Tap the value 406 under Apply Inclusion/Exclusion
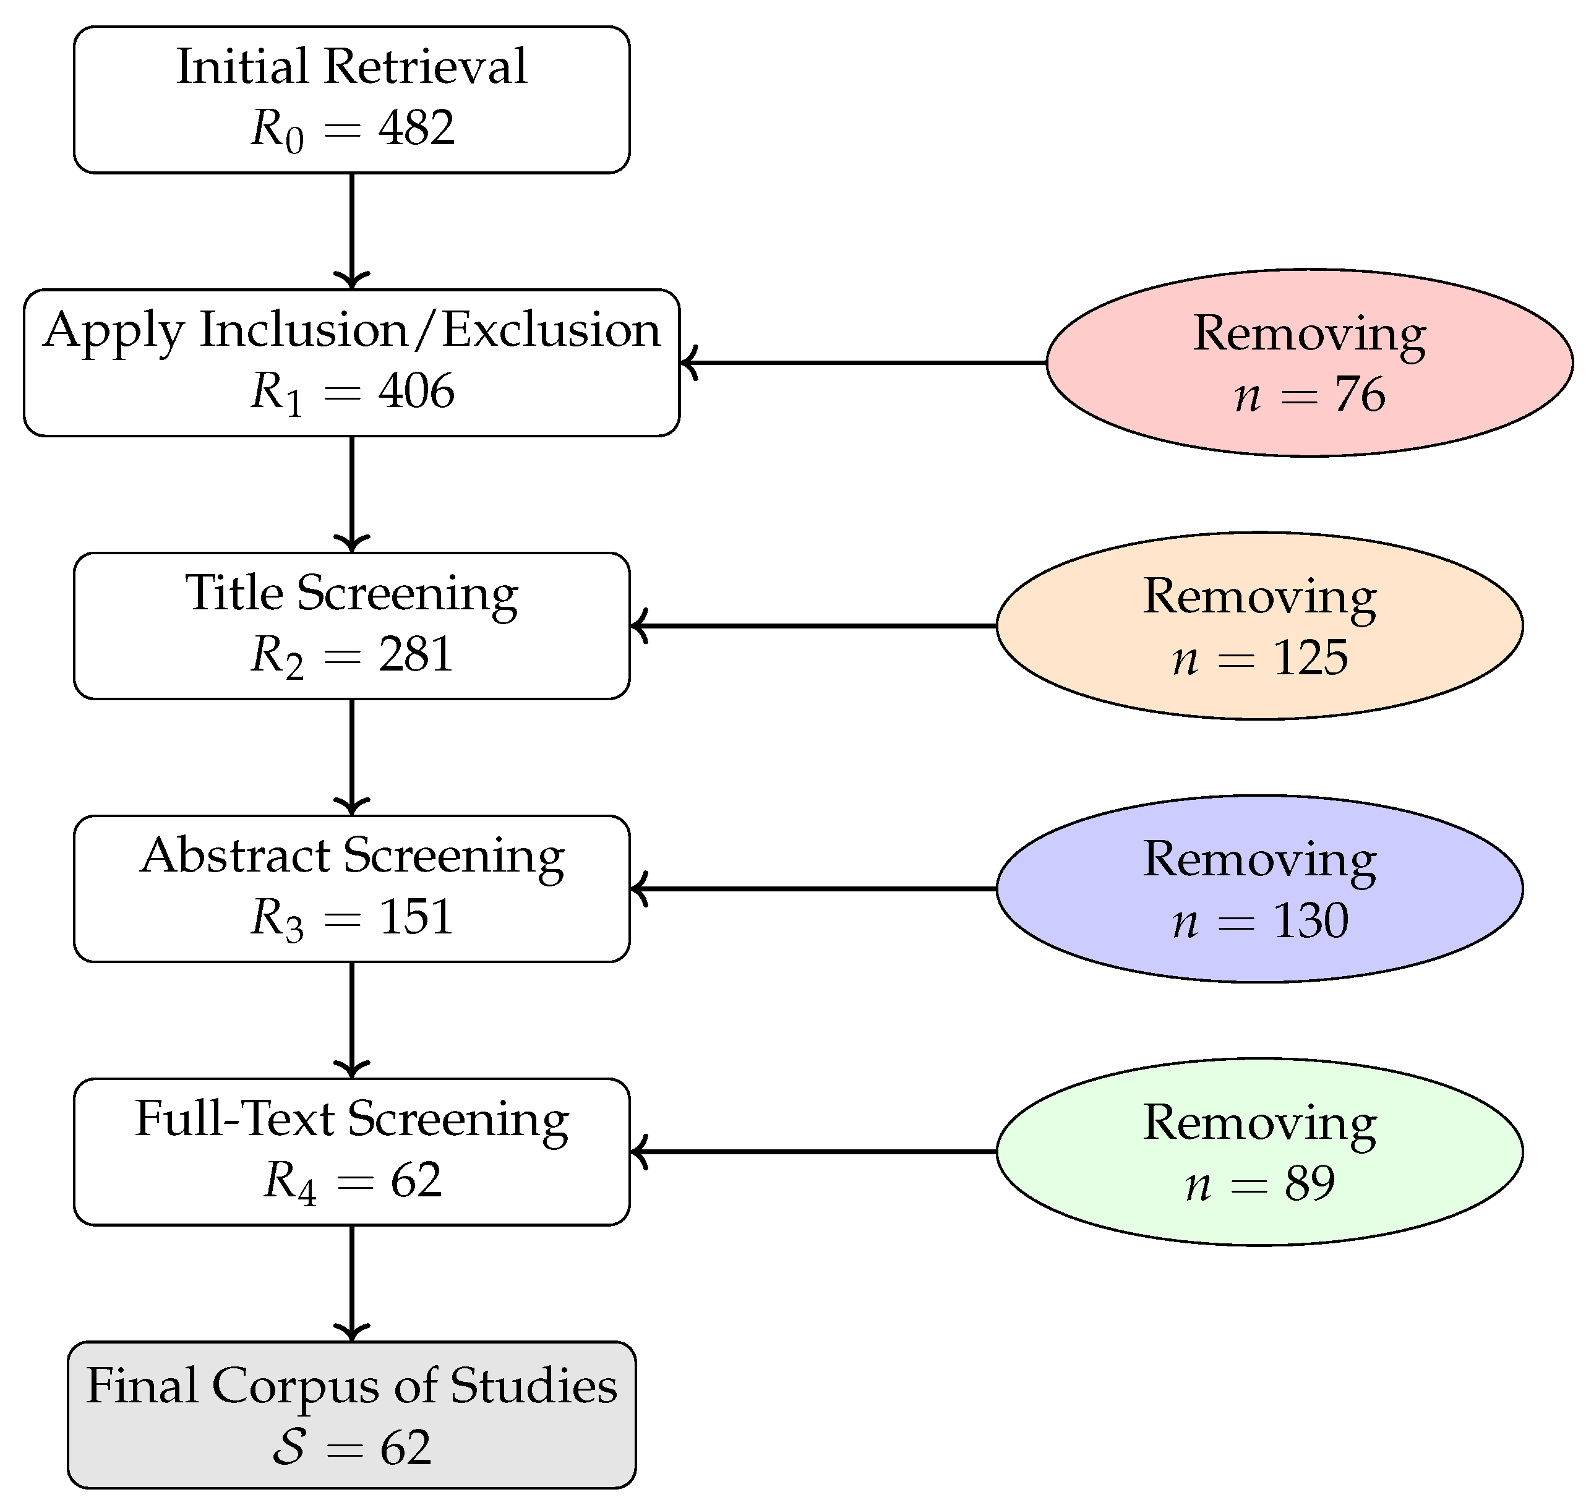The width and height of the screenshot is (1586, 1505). click(416, 391)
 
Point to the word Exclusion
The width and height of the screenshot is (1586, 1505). click(551, 330)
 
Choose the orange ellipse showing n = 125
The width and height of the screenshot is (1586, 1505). click(1259, 626)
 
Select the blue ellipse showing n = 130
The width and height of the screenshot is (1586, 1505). click(1259, 888)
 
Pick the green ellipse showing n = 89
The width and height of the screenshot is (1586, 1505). click(1259, 1151)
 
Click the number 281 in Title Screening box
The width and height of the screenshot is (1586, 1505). click(416, 654)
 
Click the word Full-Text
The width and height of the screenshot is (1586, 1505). click(234, 1118)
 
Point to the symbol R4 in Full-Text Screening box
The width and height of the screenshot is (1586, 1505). click(289, 1181)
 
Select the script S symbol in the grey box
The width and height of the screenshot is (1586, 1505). click(289, 1446)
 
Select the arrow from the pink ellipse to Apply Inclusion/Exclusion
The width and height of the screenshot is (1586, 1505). click(862, 362)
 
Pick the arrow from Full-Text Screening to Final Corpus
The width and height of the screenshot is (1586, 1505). click(351, 1283)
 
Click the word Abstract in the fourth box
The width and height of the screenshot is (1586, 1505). click(235, 855)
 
